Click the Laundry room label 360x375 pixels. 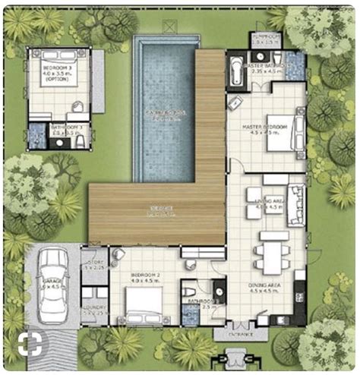[94, 308]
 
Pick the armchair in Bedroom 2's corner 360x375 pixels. [118, 258]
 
